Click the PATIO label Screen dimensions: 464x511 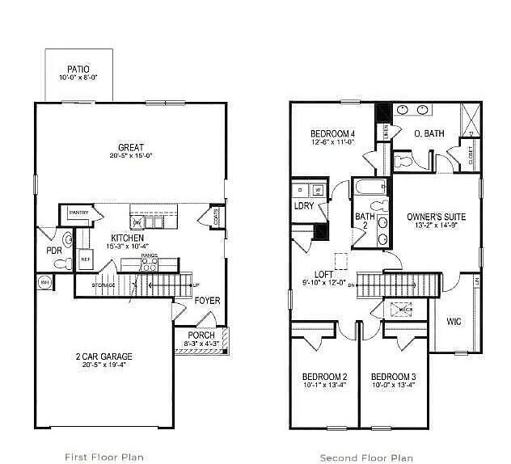(78, 70)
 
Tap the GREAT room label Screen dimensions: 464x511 (131, 148)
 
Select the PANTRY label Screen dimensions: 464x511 (78, 213)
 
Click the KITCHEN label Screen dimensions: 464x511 (128, 238)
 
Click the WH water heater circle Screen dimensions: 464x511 (44, 282)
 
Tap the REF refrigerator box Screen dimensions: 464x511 (85, 259)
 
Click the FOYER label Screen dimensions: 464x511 (207, 301)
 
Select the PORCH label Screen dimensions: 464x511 (201, 335)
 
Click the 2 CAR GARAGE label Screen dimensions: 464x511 (105, 356)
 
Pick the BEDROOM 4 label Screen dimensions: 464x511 (333, 133)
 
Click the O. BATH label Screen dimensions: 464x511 (429, 133)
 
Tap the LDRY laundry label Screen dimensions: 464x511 (304, 205)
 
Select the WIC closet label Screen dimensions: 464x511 (454, 322)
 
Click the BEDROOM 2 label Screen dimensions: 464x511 (325, 377)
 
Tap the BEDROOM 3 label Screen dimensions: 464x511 (394, 377)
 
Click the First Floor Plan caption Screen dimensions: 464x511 (105, 457)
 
